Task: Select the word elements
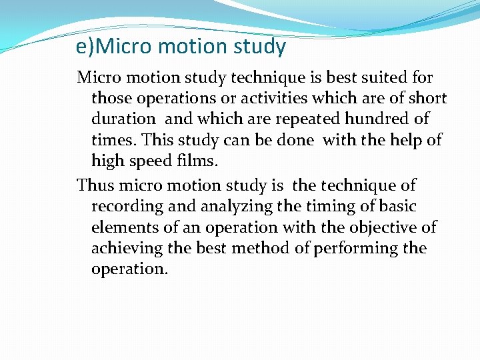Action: tap(125, 227)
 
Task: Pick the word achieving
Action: tap(127, 249)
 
